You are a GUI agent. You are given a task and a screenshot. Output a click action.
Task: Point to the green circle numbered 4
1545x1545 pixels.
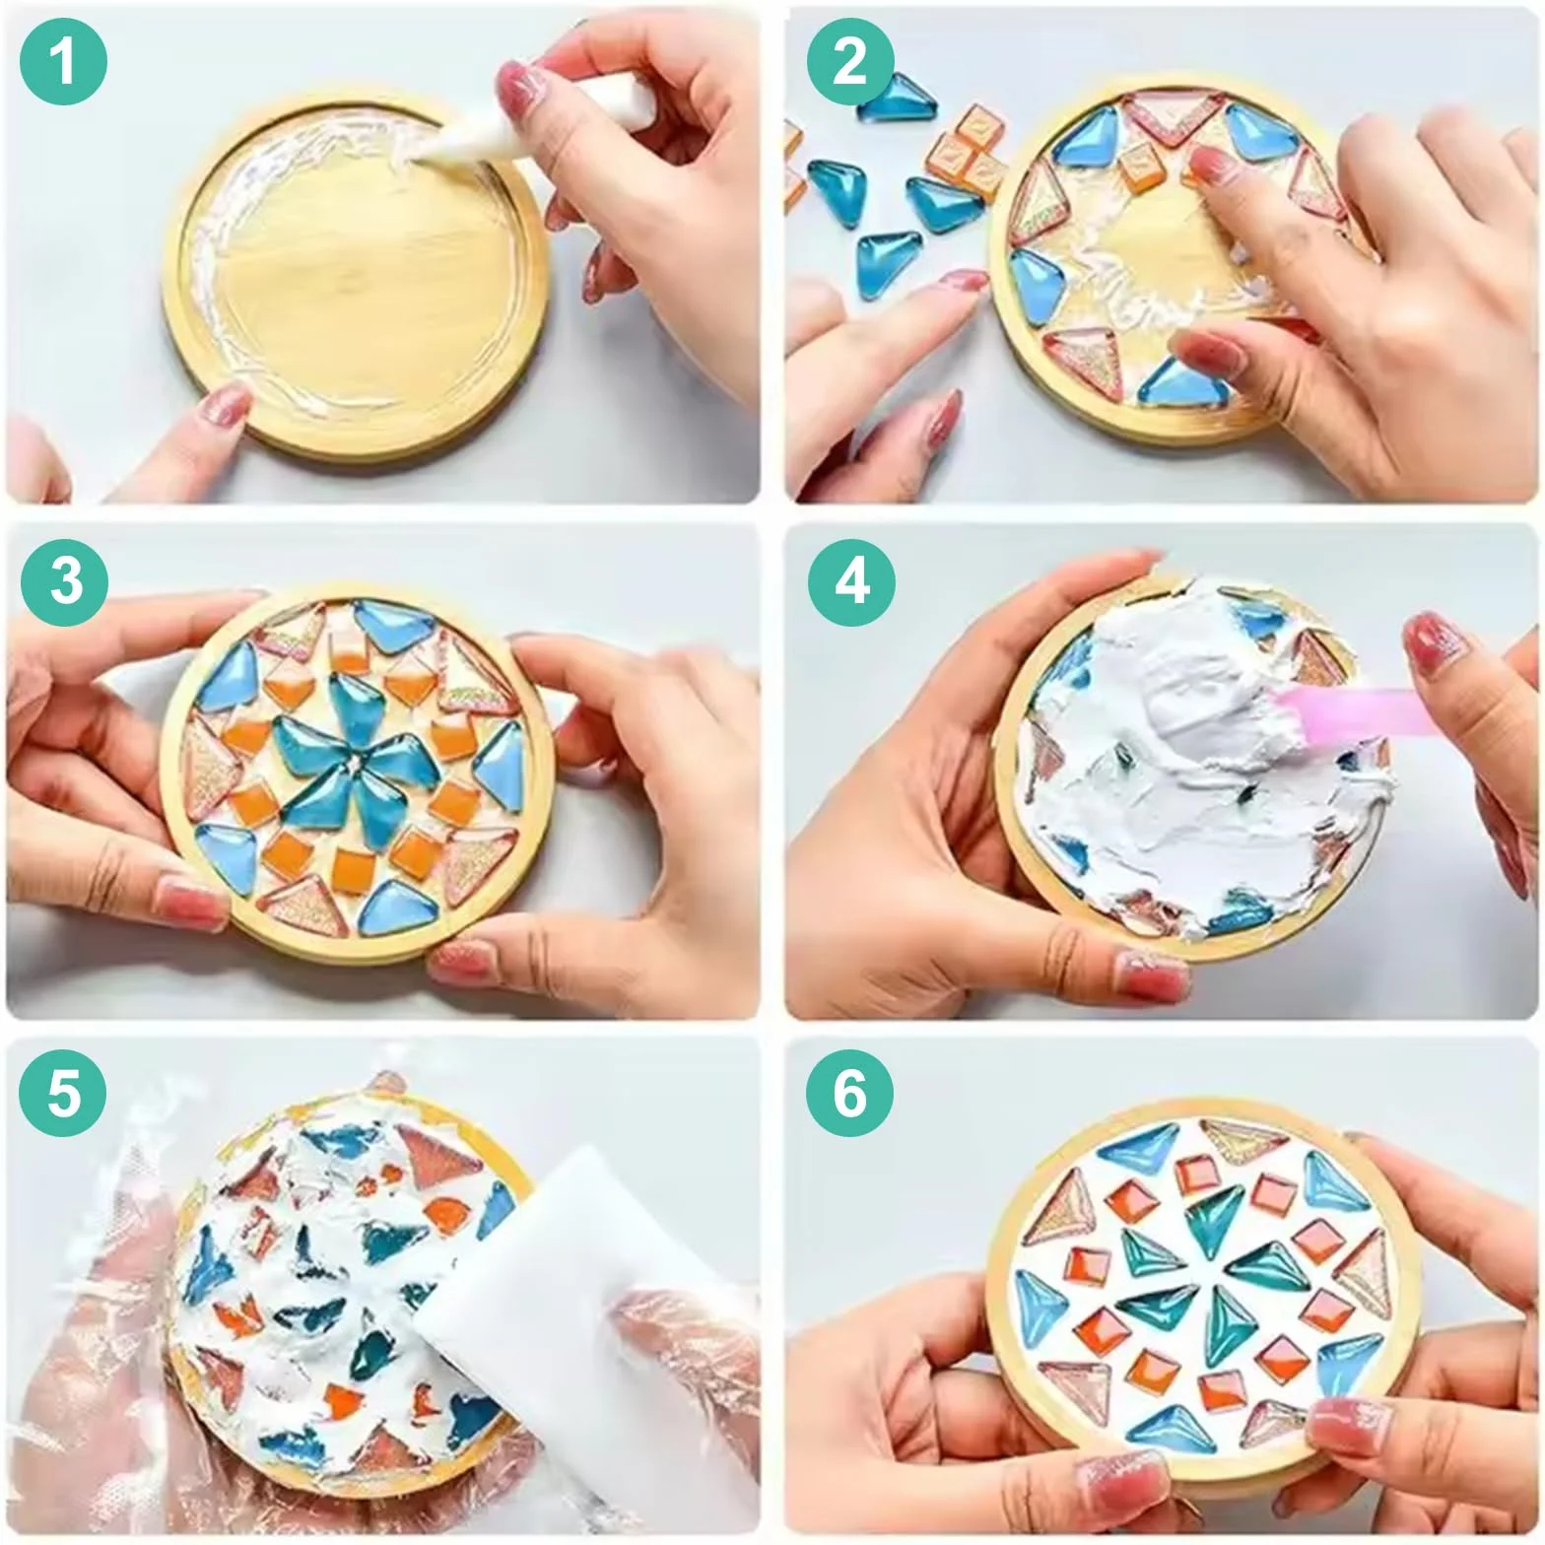coord(852,580)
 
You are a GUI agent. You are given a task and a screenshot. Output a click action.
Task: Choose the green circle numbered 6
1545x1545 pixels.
coord(850,1094)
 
